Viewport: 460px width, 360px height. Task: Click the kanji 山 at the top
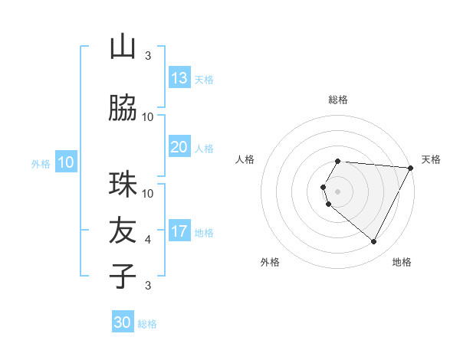click(x=123, y=47)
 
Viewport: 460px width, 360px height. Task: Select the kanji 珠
click(x=123, y=185)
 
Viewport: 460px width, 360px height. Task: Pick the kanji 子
click(x=123, y=274)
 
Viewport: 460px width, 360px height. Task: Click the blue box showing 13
click(x=179, y=78)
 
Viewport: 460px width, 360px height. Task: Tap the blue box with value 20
click(x=179, y=147)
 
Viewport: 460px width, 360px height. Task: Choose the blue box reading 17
click(x=179, y=231)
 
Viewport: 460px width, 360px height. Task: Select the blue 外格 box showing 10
click(x=65, y=162)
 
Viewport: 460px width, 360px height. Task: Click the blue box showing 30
click(x=123, y=322)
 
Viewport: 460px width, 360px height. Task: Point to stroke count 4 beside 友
click(x=148, y=240)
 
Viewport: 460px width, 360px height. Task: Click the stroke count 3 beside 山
click(x=148, y=56)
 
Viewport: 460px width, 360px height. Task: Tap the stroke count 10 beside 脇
click(x=148, y=117)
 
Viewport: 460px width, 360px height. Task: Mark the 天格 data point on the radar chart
click(x=411, y=168)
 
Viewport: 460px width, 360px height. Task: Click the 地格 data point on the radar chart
click(x=374, y=242)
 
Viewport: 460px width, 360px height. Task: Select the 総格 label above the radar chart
click(x=338, y=100)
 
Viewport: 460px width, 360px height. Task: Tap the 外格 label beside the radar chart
click(x=270, y=262)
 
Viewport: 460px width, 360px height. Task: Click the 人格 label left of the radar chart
click(x=245, y=159)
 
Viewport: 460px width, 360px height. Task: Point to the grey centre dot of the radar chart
click(x=338, y=191)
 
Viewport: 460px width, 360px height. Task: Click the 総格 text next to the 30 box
click(x=147, y=324)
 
